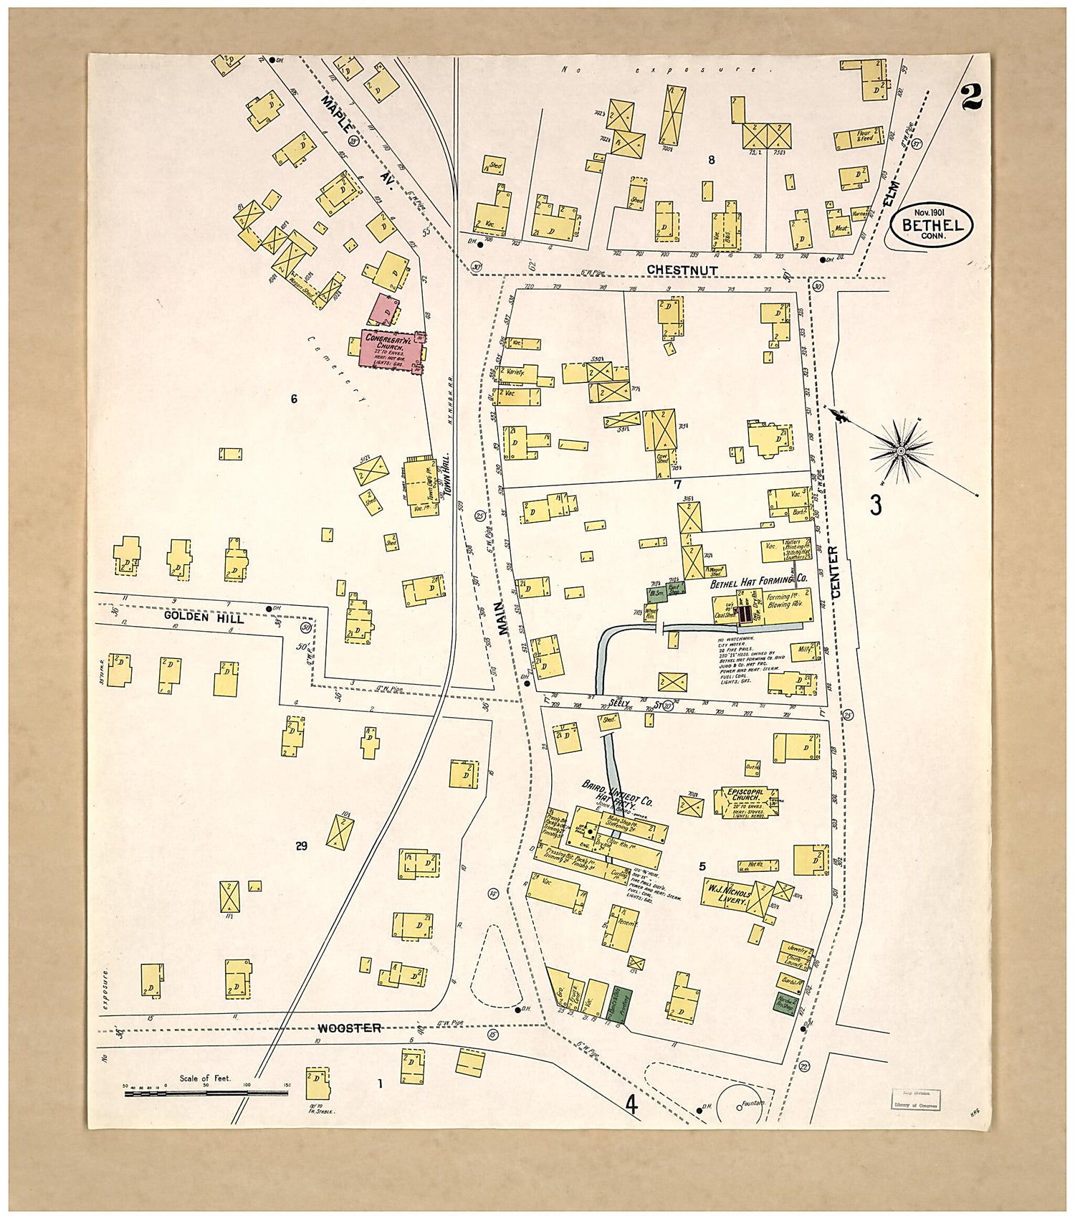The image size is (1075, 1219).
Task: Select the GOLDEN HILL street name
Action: [204, 617]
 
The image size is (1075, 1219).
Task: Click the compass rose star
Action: [901, 450]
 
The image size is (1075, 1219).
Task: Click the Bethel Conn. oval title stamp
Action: [932, 224]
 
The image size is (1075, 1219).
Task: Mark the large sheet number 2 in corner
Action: [972, 98]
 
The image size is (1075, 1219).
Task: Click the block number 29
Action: [301, 846]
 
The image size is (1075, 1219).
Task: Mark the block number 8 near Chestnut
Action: [712, 160]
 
